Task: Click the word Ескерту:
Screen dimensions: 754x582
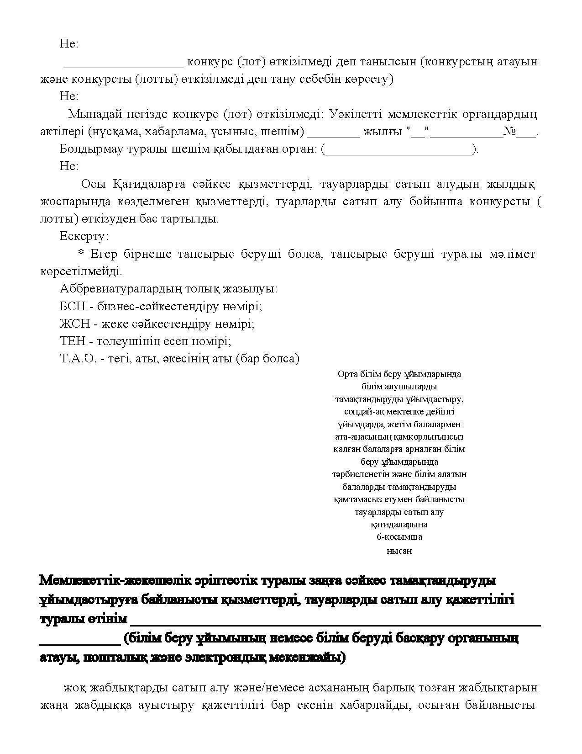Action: (84, 236)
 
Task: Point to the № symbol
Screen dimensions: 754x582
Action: (509, 132)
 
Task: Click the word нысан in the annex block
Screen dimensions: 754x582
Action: (399, 551)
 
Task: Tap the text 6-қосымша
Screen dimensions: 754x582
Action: (399, 537)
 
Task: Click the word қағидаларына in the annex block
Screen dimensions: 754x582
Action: (399, 525)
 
